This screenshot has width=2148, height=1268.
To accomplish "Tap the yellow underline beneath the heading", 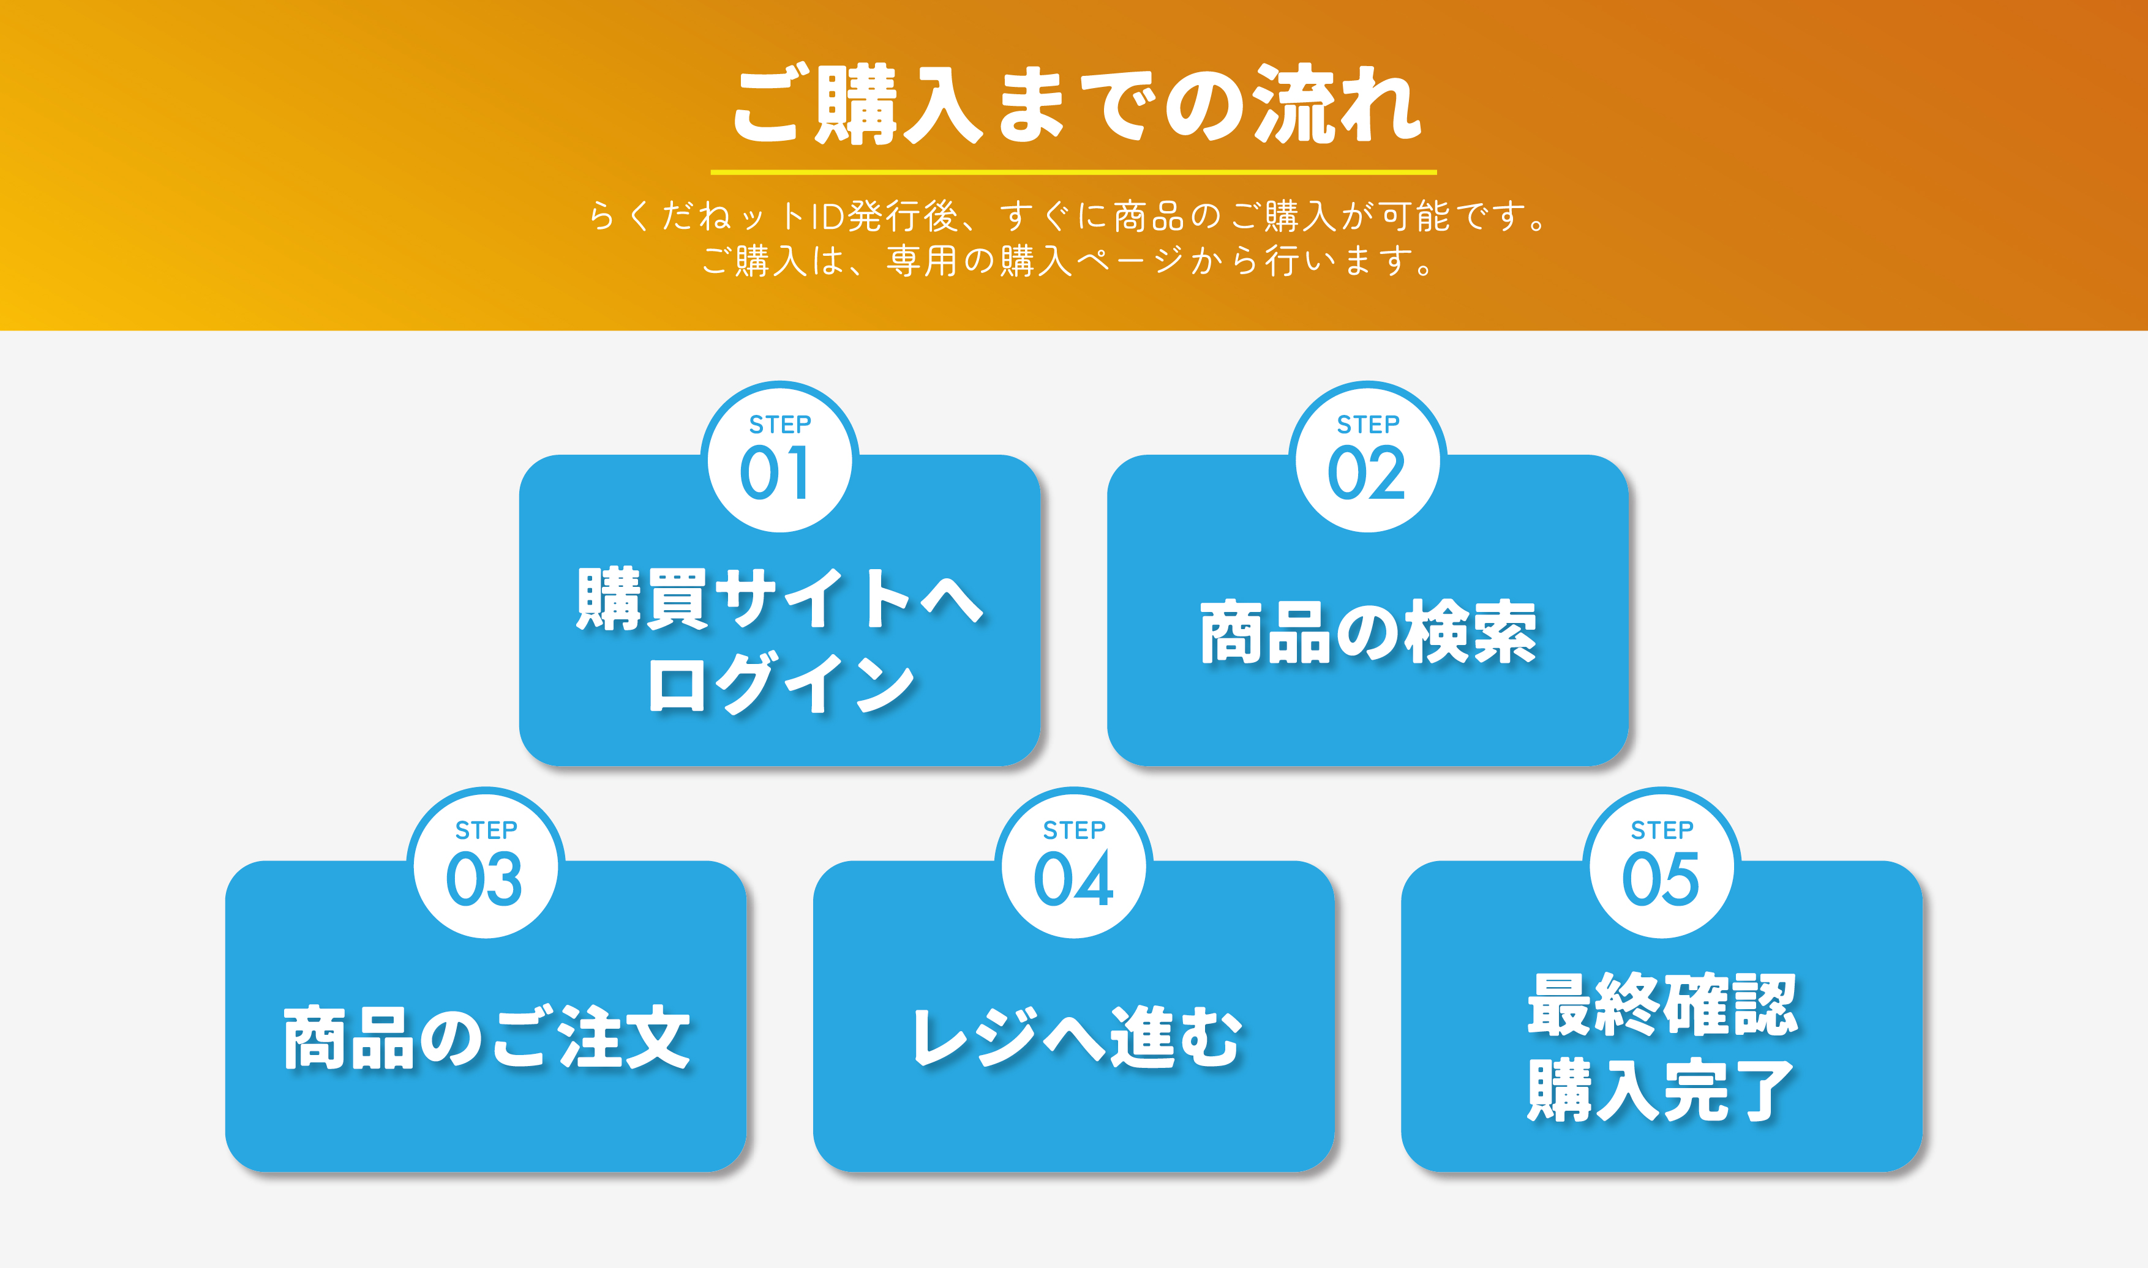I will coord(1073,173).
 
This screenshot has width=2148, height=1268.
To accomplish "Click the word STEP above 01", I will coord(779,425).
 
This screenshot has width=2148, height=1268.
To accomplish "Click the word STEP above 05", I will coord(1662,830).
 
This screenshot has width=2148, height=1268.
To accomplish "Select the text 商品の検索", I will coord(1368,633).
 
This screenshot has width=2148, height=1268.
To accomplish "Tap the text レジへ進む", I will coord(1075,1038).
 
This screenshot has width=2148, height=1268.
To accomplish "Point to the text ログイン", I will coord(779,684).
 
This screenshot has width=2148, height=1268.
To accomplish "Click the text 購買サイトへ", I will coord(779,599).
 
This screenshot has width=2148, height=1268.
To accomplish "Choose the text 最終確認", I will coord(1662,1005).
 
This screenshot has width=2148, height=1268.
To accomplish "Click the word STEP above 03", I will coord(486,830).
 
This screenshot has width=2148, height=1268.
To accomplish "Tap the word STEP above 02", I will coord(1368,425).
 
